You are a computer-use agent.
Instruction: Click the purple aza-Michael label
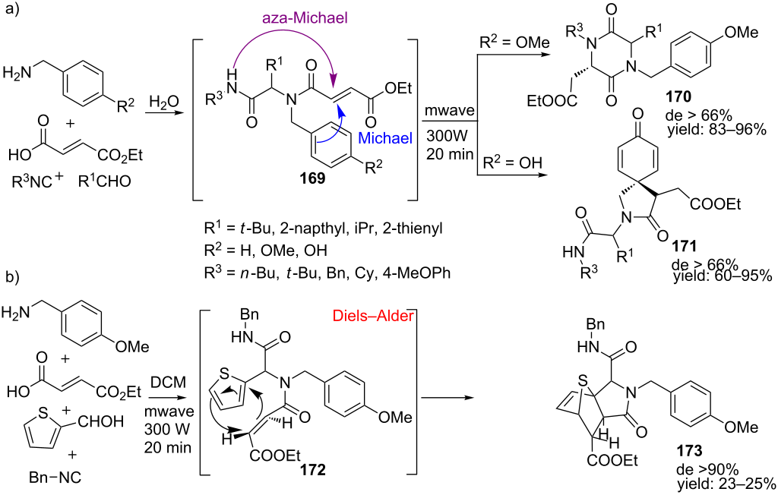pyautogui.click(x=305, y=19)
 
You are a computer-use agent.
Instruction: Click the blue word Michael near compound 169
pyautogui.click(x=385, y=138)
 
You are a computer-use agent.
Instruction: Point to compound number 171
pyautogui.click(x=684, y=245)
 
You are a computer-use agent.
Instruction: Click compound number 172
pyautogui.click(x=312, y=469)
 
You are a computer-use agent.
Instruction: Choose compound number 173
pyautogui.click(x=689, y=450)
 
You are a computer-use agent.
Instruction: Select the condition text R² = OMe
pyautogui.click(x=514, y=43)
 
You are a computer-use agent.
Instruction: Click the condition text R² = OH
pyautogui.click(x=513, y=162)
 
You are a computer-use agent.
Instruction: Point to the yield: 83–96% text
pyautogui.click(x=718, y=130)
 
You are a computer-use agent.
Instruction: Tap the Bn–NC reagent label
pyautogui.click(x=55, y=478)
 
